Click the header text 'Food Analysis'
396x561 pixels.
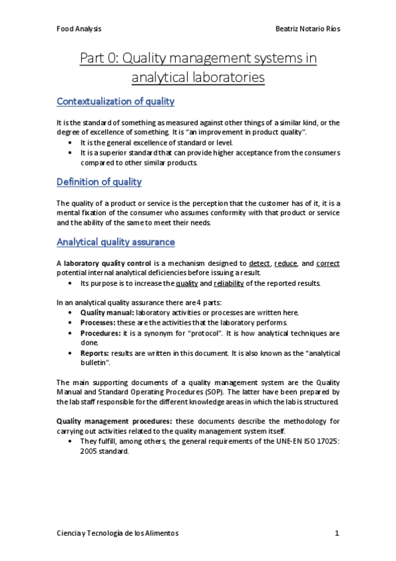(79, 29)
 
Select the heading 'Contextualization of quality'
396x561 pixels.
(116, 102)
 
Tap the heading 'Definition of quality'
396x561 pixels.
(99, 182)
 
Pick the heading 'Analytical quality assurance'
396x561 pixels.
(116, 243)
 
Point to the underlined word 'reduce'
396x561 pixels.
(286, 263)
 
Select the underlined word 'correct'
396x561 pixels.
(328, 263)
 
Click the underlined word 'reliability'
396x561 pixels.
(229, 284)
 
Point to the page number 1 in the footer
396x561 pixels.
(337, 533)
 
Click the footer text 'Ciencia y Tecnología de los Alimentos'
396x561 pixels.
(118, 533)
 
